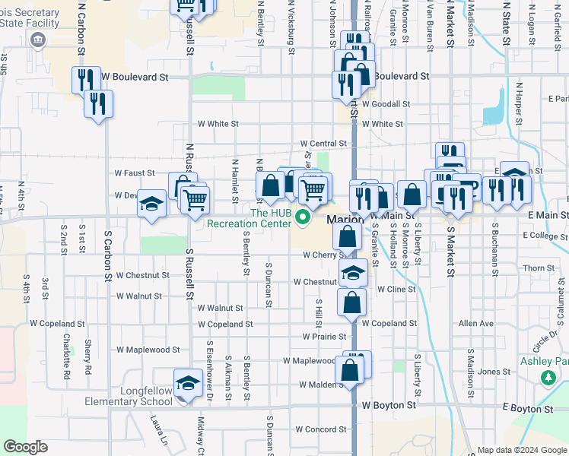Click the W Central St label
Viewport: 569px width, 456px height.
323,143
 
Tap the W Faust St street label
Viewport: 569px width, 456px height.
135,173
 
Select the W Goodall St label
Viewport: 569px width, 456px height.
386,104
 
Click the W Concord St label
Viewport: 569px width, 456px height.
321,429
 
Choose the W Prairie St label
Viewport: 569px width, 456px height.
324,336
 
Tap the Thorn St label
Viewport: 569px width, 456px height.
539,268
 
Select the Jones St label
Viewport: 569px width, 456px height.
494,372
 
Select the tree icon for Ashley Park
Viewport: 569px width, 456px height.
547,377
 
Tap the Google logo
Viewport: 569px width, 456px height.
24,448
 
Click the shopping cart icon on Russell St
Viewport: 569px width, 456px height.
195,200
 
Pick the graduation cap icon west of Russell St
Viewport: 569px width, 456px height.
152,204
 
